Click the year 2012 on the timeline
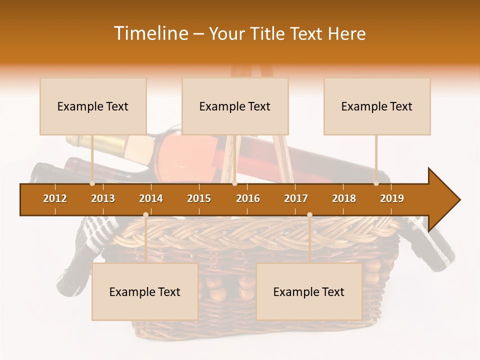point(55,198)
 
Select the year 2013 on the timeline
point(103,198)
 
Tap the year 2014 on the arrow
point(151,198)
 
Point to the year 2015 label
point(199,198)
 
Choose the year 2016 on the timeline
point(248,198)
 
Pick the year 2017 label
point(296,198)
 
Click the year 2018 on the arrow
point(344,198)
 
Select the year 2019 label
point(392,198)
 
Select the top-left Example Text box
point(93,106)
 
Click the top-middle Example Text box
point(235,106)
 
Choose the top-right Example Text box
point(377,106)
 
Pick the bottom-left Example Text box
point(145,292)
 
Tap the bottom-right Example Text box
point(309,292)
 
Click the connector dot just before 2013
point(92,183)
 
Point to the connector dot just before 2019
point(376,183)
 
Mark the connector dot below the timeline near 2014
point(145,214)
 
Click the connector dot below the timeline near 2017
point(309,214)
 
